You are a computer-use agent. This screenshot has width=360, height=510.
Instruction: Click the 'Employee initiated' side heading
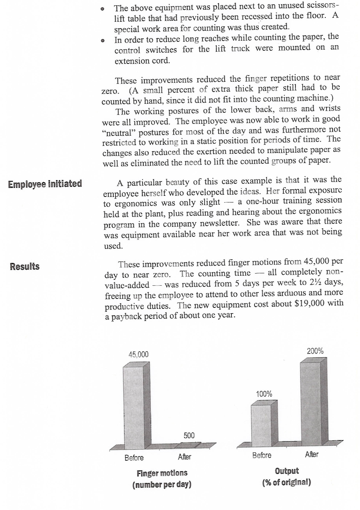click(45, 184)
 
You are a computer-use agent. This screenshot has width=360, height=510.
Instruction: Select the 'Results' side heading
click(25, 266)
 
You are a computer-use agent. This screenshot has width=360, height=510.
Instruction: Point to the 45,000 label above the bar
click(138, 355)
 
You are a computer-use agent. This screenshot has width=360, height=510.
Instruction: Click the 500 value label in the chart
click(189, 435)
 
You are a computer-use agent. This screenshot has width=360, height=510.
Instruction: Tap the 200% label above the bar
click(315, 351)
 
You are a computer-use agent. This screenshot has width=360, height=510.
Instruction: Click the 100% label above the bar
click(264, 394)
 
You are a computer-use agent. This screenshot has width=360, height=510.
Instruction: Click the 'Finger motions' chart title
click(162, 473)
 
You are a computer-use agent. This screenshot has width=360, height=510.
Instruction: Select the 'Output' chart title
click(287, 471)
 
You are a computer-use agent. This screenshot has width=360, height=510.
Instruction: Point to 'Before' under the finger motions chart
click(134, 458)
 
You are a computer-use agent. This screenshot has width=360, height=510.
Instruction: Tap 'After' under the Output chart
click(312, 454)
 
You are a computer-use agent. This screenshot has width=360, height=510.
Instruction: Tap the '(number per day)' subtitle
click(162, 485)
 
